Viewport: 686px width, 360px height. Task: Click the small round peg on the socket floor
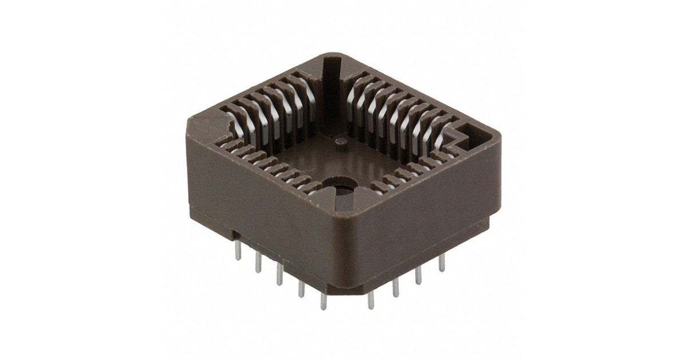click(x=341, y=141)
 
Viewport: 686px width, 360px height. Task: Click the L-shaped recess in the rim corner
click(x=463, y=136)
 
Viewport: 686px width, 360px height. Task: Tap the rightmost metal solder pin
click(x=441, y=263)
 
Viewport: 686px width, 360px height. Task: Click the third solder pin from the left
click(x=280, y=274)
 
